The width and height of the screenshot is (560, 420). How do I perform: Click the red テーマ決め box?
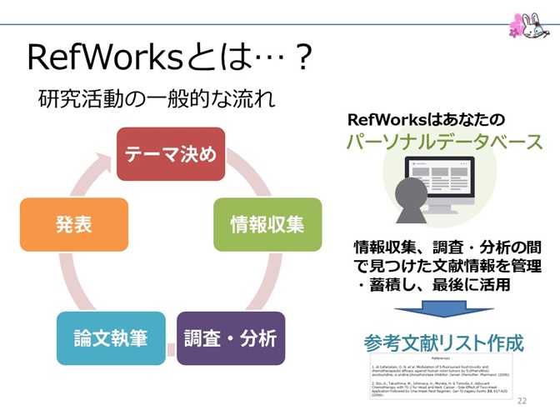click(170, 154)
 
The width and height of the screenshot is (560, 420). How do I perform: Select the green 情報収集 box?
click(267, 224)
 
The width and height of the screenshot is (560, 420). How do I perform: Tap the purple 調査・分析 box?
click(230, 338)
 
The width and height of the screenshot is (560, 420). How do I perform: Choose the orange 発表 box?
click(74, 224)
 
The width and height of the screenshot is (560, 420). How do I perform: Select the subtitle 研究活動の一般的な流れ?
click(155, 98)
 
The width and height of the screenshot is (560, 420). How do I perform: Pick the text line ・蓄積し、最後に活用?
click(427, 285)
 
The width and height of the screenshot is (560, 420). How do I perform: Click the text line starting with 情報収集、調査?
click(447, 247)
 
